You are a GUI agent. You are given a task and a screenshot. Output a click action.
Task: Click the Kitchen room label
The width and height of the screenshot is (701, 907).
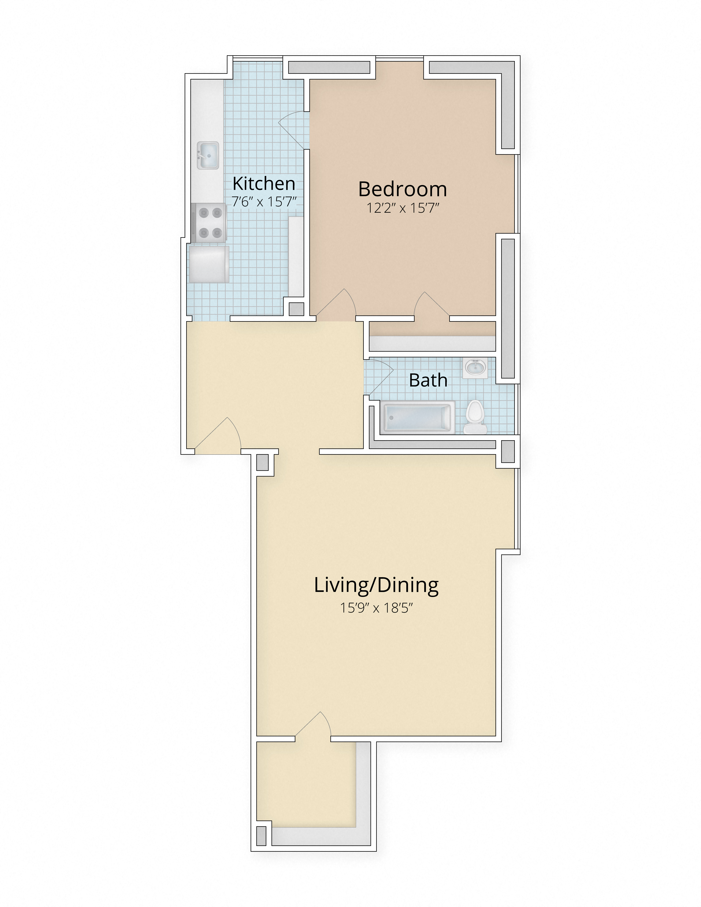[x=264, y=184]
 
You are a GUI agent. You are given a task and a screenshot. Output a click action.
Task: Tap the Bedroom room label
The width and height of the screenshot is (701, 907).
[x=402, y=189]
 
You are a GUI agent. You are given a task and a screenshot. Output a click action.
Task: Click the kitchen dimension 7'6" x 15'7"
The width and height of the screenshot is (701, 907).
[x=264, y=202]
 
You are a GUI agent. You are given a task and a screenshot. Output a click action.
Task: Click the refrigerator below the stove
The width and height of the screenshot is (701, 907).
[x=208, y=264]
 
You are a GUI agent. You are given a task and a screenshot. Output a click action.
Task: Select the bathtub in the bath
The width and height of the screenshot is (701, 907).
[x=418, y=417]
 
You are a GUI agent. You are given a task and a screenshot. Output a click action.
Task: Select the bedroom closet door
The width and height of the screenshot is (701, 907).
[x=432, y=305]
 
